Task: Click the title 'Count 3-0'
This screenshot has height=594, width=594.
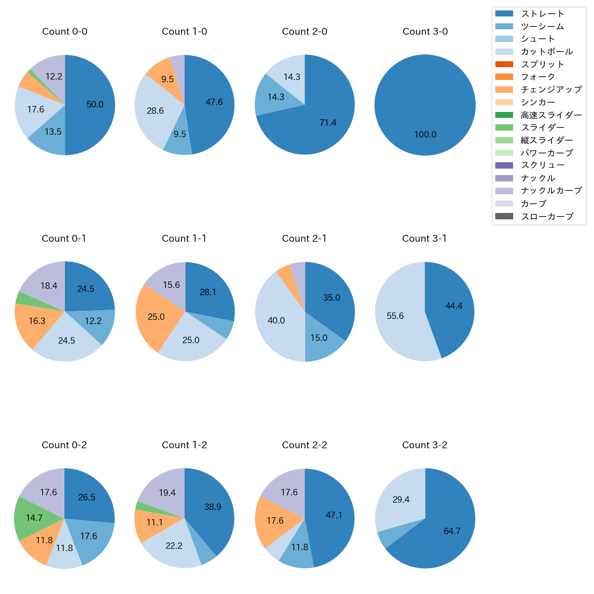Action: coord(425,32)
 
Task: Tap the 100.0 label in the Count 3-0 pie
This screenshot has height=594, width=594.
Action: coord(425,135)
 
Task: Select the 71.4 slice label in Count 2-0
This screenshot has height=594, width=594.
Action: coord(328,122)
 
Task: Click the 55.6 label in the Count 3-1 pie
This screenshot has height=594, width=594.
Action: coord(395,316)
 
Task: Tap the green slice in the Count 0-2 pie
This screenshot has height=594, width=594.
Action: coord(34,518)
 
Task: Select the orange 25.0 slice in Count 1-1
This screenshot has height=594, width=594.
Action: coord(156,317)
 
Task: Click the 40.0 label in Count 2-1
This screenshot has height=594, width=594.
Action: coord(276,321)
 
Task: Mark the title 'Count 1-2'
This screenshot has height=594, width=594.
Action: coord(184,445)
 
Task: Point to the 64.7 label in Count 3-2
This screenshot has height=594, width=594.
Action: coord(452,531)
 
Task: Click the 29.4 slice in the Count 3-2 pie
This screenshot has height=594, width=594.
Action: coord(401,500)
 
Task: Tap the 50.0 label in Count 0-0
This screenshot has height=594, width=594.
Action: coord(95,105)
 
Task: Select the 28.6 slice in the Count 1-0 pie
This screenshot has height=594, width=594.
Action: coord(155,111)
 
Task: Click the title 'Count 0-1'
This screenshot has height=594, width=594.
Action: coord(64,239)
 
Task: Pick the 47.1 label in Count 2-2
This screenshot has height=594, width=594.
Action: coord(334,515)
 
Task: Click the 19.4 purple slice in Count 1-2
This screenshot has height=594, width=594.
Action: coord(167,493)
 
